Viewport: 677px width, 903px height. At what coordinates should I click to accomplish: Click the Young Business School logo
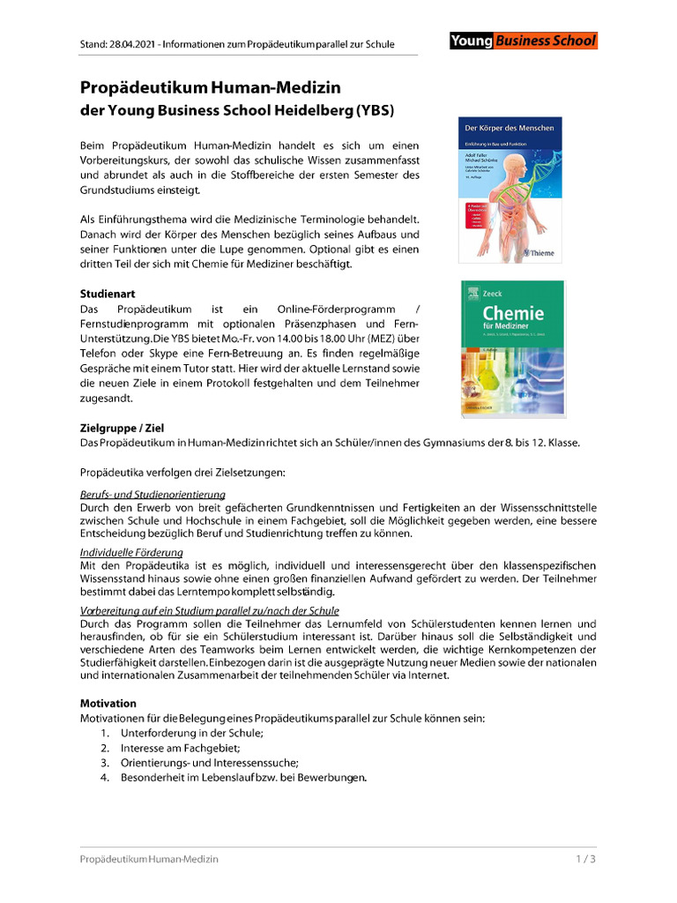523,41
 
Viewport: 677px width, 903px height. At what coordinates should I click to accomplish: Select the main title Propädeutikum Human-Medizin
211,88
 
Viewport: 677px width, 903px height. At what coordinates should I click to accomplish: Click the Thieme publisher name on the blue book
539,253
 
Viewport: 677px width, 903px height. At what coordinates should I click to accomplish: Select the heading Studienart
108,293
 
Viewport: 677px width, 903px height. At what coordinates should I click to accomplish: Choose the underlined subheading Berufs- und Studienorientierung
153,495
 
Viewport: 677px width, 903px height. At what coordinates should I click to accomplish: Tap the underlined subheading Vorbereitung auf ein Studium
210,610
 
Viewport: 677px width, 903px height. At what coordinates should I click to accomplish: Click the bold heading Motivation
108,704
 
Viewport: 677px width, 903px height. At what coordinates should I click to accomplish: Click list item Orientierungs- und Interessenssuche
210,763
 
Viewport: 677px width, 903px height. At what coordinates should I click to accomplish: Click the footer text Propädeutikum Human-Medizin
149,858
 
